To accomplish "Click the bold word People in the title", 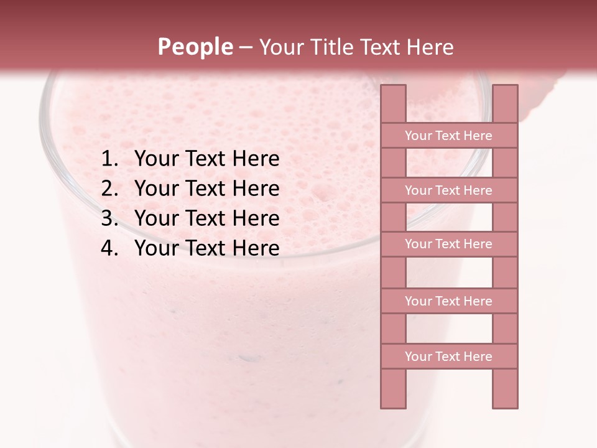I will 195,47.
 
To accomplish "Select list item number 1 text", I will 206,159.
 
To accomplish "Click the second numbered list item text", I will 206,189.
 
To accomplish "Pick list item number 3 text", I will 206,218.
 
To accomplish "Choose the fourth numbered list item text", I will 206,248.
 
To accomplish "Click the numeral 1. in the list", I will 109,159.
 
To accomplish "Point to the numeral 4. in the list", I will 109,248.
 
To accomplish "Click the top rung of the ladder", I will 448,136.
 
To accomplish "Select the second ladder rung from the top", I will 448,190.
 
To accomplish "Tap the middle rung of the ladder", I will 448,245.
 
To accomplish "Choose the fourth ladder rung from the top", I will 448,301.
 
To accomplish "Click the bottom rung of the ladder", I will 448,357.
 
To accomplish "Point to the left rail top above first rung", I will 393,103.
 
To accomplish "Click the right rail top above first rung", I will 505,103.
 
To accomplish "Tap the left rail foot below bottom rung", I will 393,388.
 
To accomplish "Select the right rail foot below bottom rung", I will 505,388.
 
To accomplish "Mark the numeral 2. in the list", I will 109,189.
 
